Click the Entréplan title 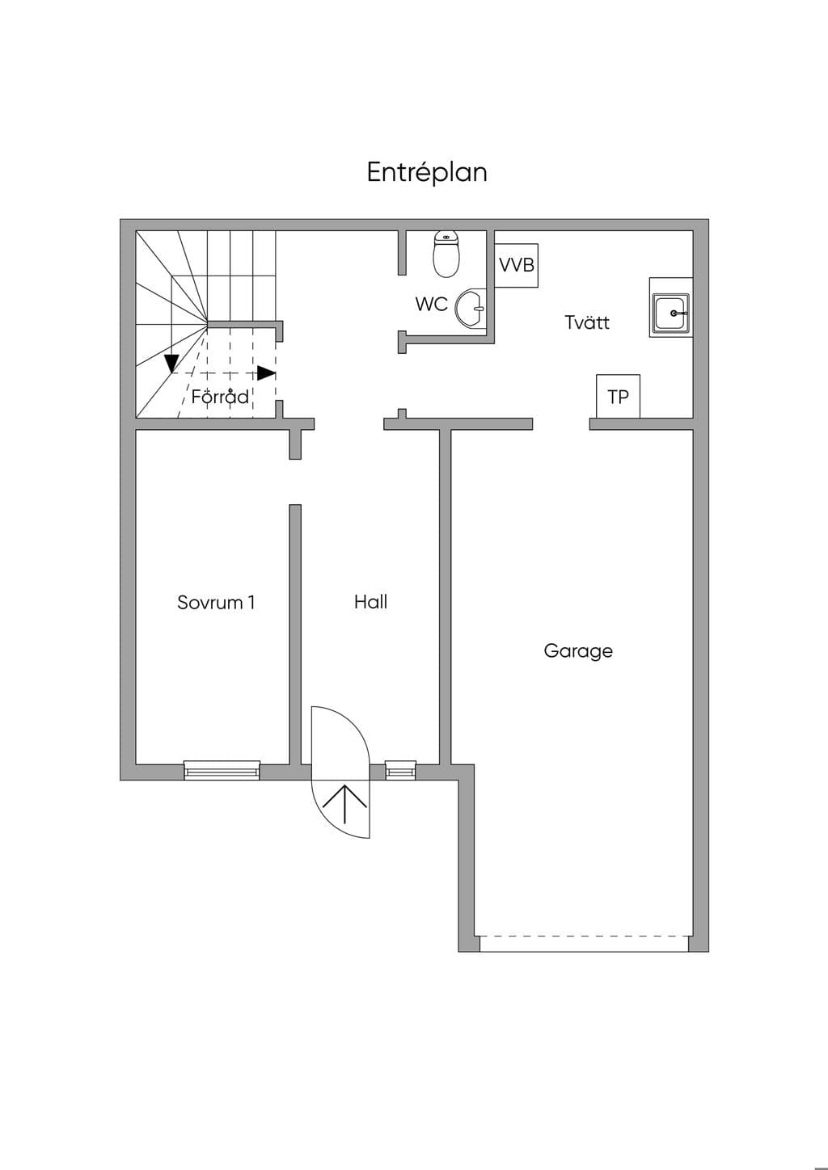coord(427,172)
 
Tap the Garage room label coord(578,651)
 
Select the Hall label coord(370,602)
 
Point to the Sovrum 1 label coord(216,602)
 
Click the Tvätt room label coord(587,322)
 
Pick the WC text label coord(432,304)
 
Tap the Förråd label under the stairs coord(220,397)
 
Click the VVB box coord(517,265)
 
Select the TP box coord(619,397)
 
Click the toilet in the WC coord(446,254)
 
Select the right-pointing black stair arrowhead coord(267,373)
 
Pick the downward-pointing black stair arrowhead coord(171,364)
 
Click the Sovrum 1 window coord(222,770)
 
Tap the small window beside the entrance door coord(401,770)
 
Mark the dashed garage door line coord(584,935)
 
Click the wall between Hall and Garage coord(445,597)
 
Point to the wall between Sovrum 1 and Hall coord(295,634)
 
